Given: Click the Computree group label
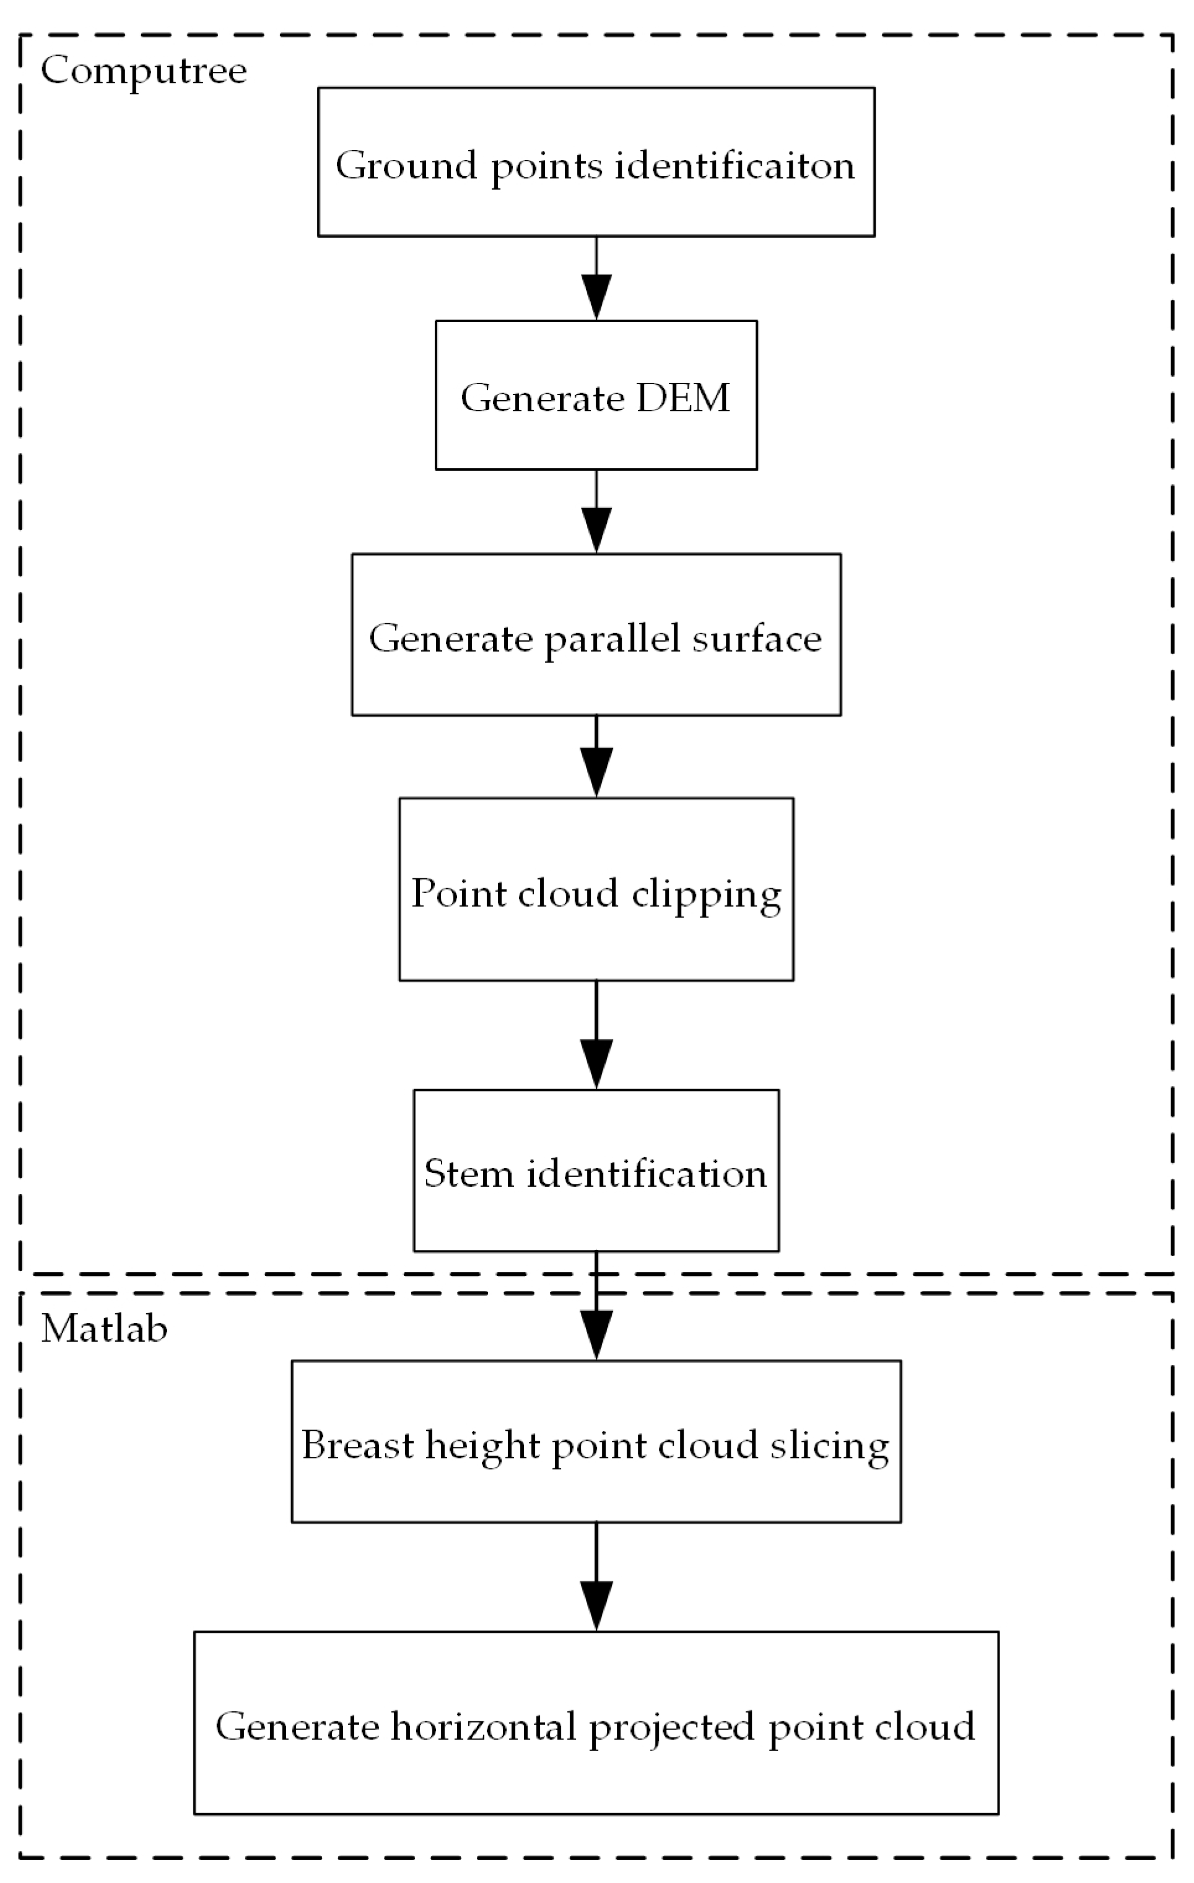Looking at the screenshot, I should pyautogui.click(x=143, y=71).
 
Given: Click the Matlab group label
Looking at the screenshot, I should pyautogui.click(x=104, y=1329).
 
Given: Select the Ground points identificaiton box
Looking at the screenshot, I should pyautogui.click(x=596, y=162).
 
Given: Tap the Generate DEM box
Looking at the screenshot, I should pyautogui.click(x=596, y=395).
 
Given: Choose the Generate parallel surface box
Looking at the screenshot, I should pyautogui.click(x=596, y=634).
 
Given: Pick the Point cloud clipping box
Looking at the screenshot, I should pyautogui.click(x=596, y=889).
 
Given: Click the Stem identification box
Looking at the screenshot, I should pyautogui.click(x=596, y=1171).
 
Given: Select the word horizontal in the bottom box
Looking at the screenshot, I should pyautogui.click(x=484, y=1727).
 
